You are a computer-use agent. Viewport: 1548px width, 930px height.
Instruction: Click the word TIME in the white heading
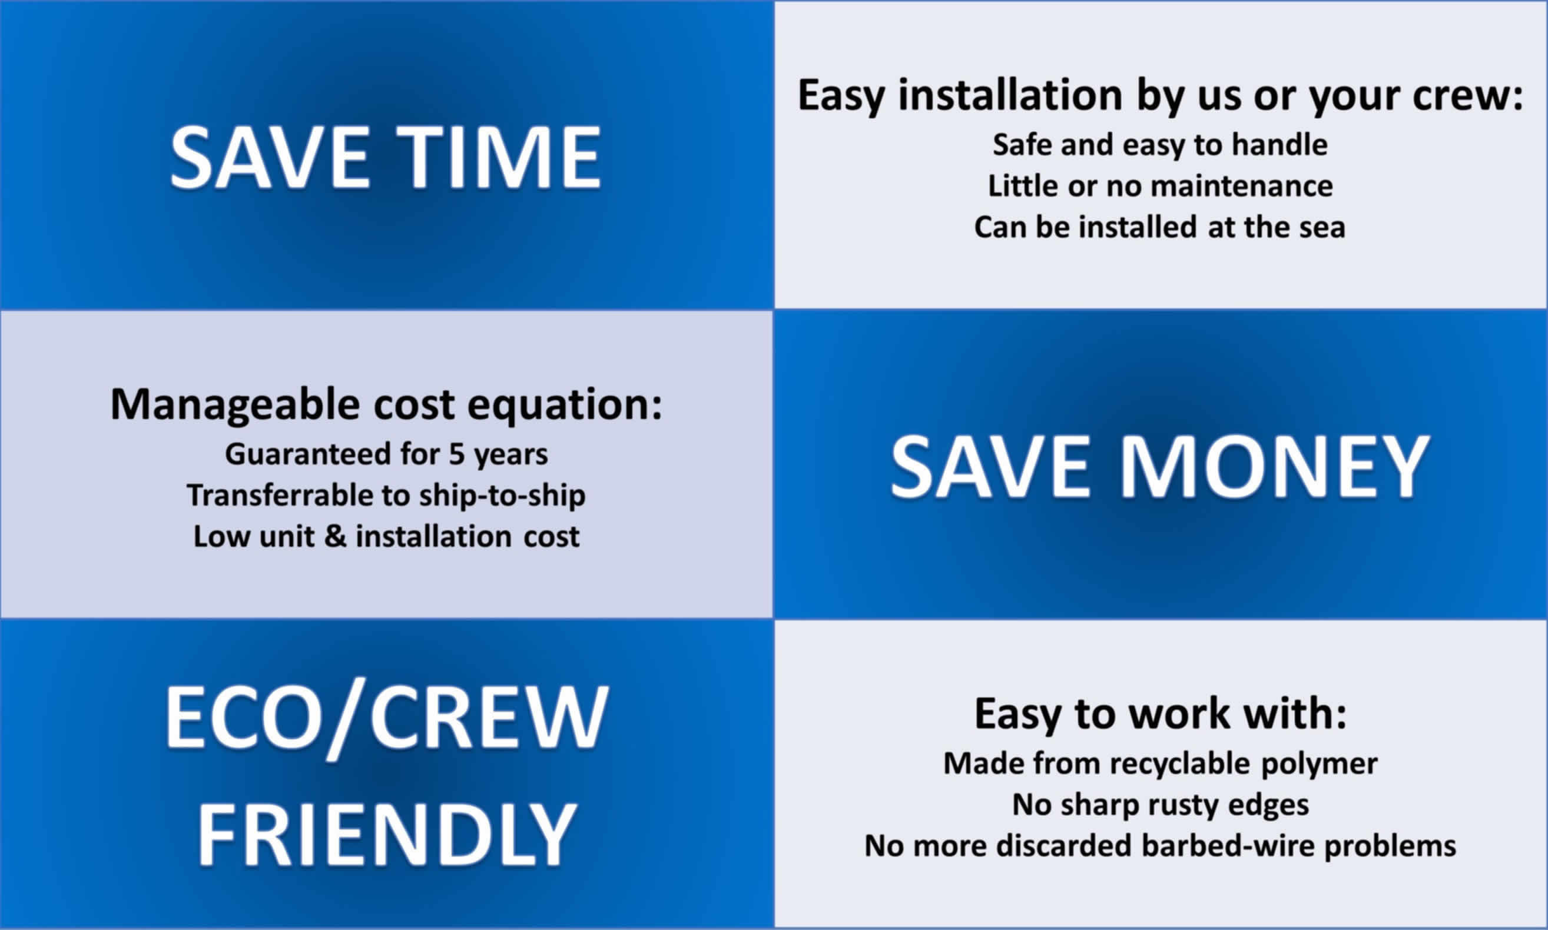point(500,157)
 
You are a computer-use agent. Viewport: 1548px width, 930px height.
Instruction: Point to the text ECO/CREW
point(386,716)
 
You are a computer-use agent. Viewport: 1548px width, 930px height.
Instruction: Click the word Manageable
point(235,406)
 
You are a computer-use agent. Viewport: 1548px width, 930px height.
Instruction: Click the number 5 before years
point(456,454)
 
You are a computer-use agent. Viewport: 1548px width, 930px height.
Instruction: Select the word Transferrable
point(280,495)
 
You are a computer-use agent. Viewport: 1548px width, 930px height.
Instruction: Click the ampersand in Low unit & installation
point(335,536)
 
